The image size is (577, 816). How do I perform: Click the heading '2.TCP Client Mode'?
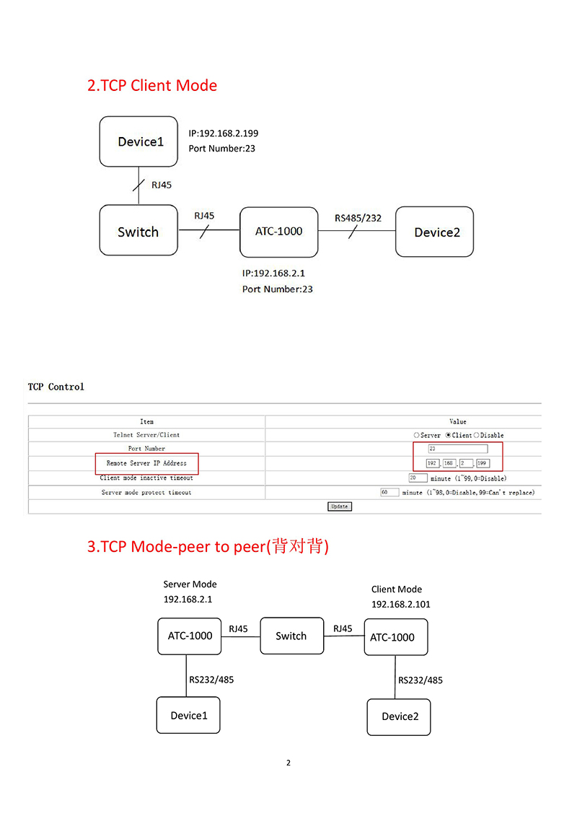point(152,85)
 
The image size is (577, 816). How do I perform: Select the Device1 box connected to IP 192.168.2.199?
point(138,141)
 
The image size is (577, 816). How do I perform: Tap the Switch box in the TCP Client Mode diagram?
point(138,230)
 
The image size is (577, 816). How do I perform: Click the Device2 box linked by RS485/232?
point(434,232)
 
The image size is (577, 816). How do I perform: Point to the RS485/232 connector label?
point(358,218)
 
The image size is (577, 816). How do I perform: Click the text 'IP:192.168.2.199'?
point(223,133)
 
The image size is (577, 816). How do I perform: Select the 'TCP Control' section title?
point(56,387)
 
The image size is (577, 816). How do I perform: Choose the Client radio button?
point(449,435)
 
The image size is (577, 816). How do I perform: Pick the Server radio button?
point(416,435)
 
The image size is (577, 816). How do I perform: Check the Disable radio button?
point(477,435)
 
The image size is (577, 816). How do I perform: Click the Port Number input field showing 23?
point(458,449)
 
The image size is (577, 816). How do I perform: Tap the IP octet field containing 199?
point(483,463)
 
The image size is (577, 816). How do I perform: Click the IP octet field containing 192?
point(433,463)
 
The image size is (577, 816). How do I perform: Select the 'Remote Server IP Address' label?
point(146,463)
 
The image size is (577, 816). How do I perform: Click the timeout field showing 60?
point(389,492)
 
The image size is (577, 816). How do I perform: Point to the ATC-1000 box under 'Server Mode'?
point(190,636)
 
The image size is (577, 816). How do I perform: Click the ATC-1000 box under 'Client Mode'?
point(396,637)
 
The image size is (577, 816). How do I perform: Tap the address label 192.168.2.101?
point(400,604)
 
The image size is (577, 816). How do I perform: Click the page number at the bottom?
point(288,763)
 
